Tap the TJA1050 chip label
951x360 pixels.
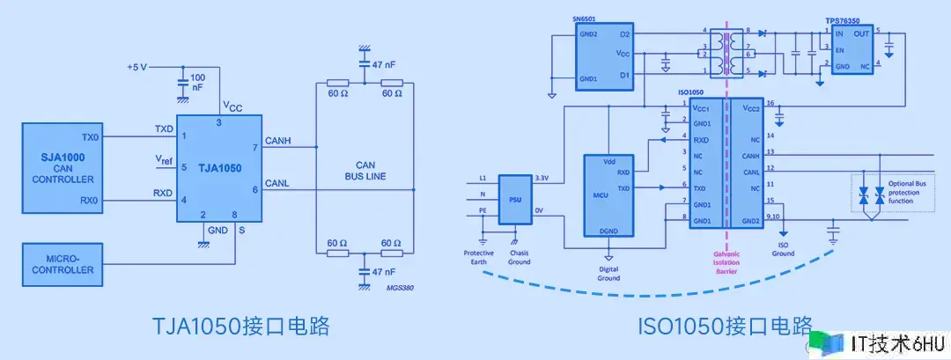click(219, 166)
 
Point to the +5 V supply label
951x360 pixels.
click(139, 67)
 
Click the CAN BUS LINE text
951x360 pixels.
click(365, 169)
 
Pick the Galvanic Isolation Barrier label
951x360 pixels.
click(727, 262)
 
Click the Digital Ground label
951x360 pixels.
click(609, 274)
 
